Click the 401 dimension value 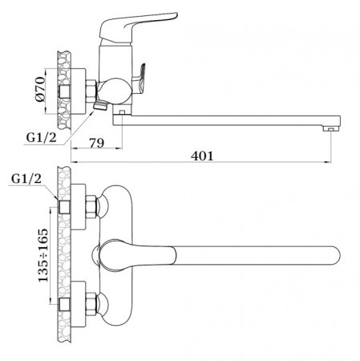202,156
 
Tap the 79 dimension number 97,143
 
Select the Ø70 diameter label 40,89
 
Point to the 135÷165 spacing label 43,255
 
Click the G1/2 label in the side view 42,138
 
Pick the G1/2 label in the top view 26,178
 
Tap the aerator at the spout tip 331,129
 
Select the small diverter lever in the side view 140,79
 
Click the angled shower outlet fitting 100,106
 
